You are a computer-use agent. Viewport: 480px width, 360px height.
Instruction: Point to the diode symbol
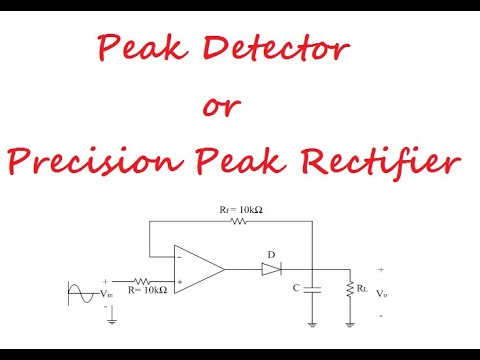(x=271, y=269)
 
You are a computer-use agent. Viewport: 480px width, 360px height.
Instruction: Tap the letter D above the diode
(x=271, y=252)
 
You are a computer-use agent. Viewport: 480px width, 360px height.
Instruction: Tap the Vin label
(x=110, y=294)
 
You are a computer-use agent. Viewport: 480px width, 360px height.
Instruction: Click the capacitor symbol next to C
(x=312, y=289)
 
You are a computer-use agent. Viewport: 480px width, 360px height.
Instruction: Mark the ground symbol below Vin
(x=109, y=320)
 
